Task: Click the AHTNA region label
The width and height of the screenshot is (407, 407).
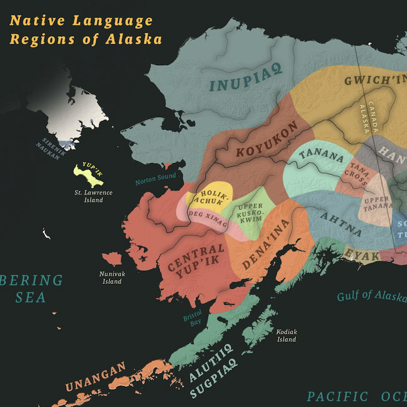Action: pyautogui.click(x=341, y=224)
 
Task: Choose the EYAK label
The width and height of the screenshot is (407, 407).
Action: pyautogui.click(x=362, y=254)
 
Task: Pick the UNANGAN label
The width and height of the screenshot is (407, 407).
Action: pyautogui.click(x=96, y=377)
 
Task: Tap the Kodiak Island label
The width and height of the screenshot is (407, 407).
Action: pyautogui.click(x=286, y=335)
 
